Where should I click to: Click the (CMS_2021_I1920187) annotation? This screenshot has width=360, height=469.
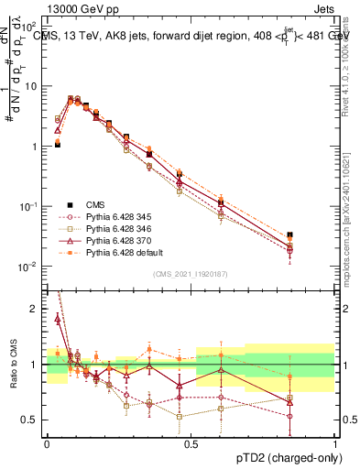click(x=191, y=274)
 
